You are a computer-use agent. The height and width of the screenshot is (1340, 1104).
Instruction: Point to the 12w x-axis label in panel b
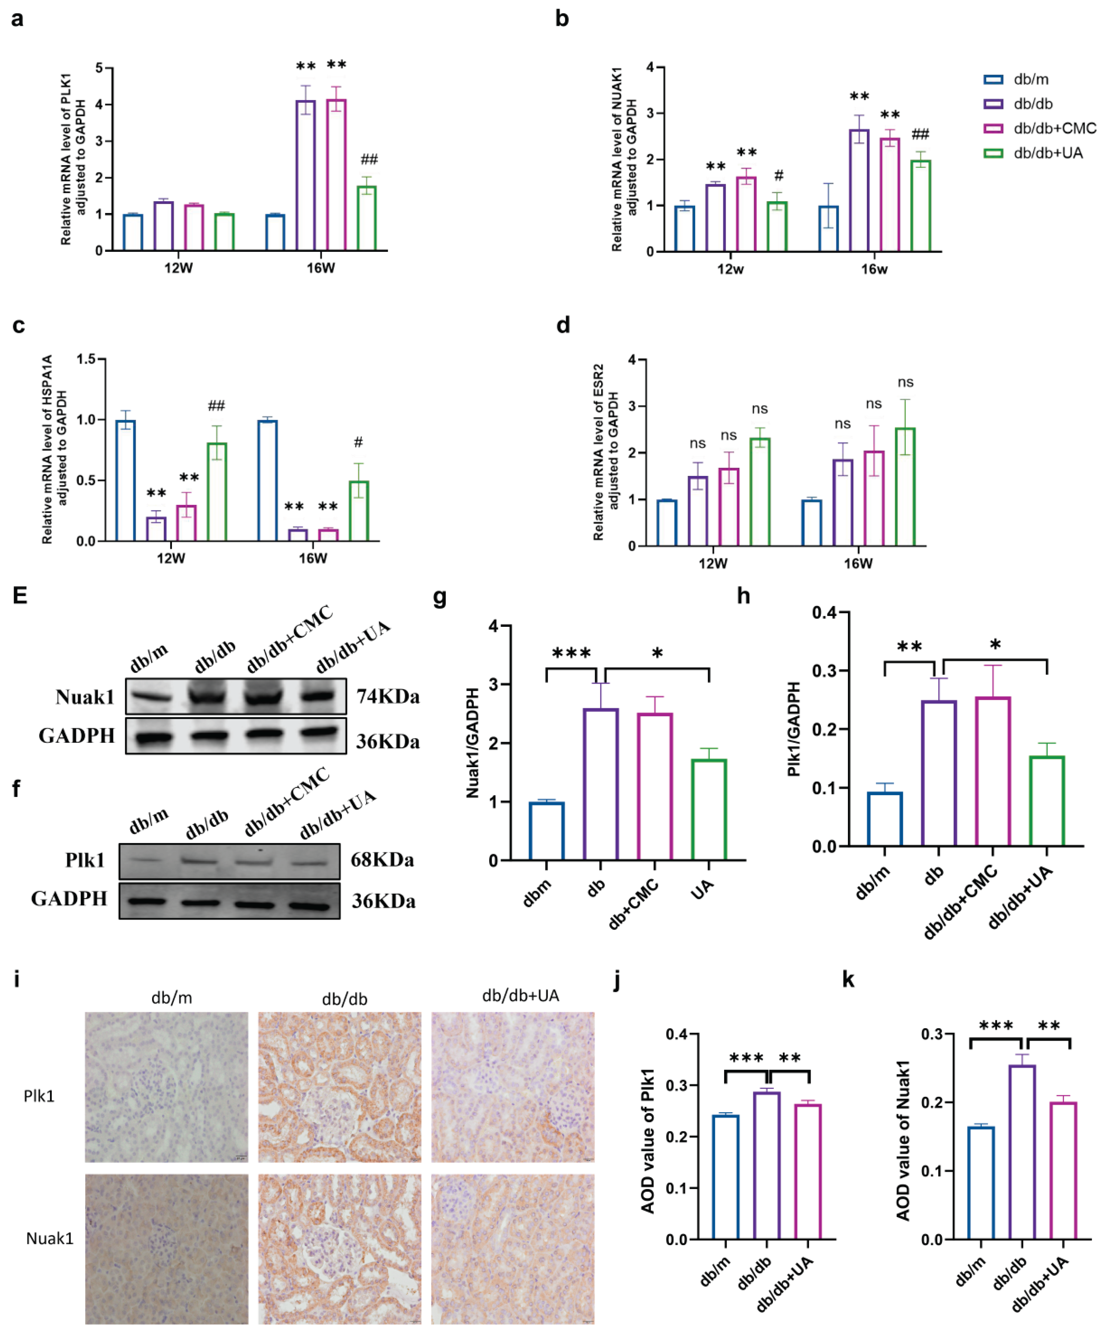730,269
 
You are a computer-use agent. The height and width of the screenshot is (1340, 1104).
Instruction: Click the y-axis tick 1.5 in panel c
86,359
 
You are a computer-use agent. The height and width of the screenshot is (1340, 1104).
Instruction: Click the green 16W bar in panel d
905,487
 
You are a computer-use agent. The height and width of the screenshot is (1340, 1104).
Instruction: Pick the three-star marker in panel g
571,653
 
